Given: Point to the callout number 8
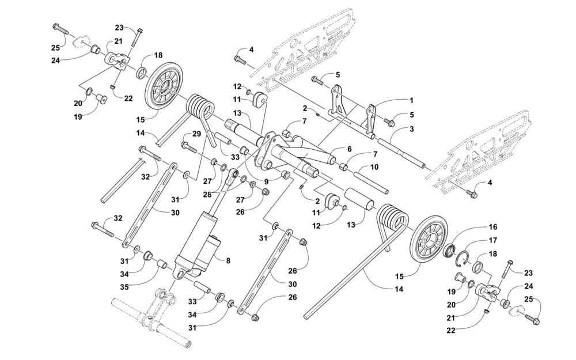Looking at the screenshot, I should click(228, 261).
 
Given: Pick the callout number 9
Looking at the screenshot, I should click(266, 182).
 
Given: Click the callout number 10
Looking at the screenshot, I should click(374, 167).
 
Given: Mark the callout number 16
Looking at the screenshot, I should click(492, 227).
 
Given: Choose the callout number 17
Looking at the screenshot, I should click(492, 241).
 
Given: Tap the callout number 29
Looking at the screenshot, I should click(197, 134).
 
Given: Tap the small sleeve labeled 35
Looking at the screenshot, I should click(162, 266).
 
